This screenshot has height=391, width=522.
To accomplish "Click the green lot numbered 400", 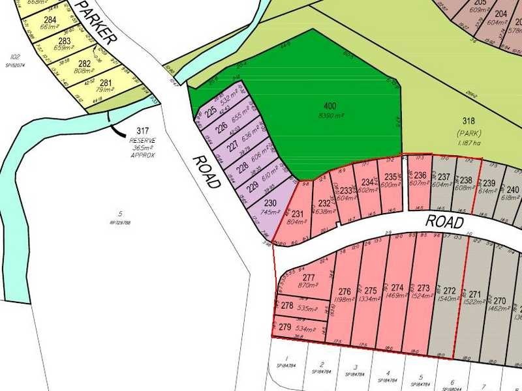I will (x=330, y=105).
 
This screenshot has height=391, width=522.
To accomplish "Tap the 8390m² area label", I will (x=330, y=115).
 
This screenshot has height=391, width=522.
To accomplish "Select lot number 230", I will (x=270, y=203).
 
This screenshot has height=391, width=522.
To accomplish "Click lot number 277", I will (x=309, y=277).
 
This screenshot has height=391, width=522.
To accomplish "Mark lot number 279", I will (x=285, y=327).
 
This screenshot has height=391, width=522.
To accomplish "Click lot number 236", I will (x=420, y=175).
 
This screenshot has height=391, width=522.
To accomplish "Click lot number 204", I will (x=501, y=14).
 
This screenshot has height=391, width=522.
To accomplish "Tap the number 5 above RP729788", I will (x=120, y=213).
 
